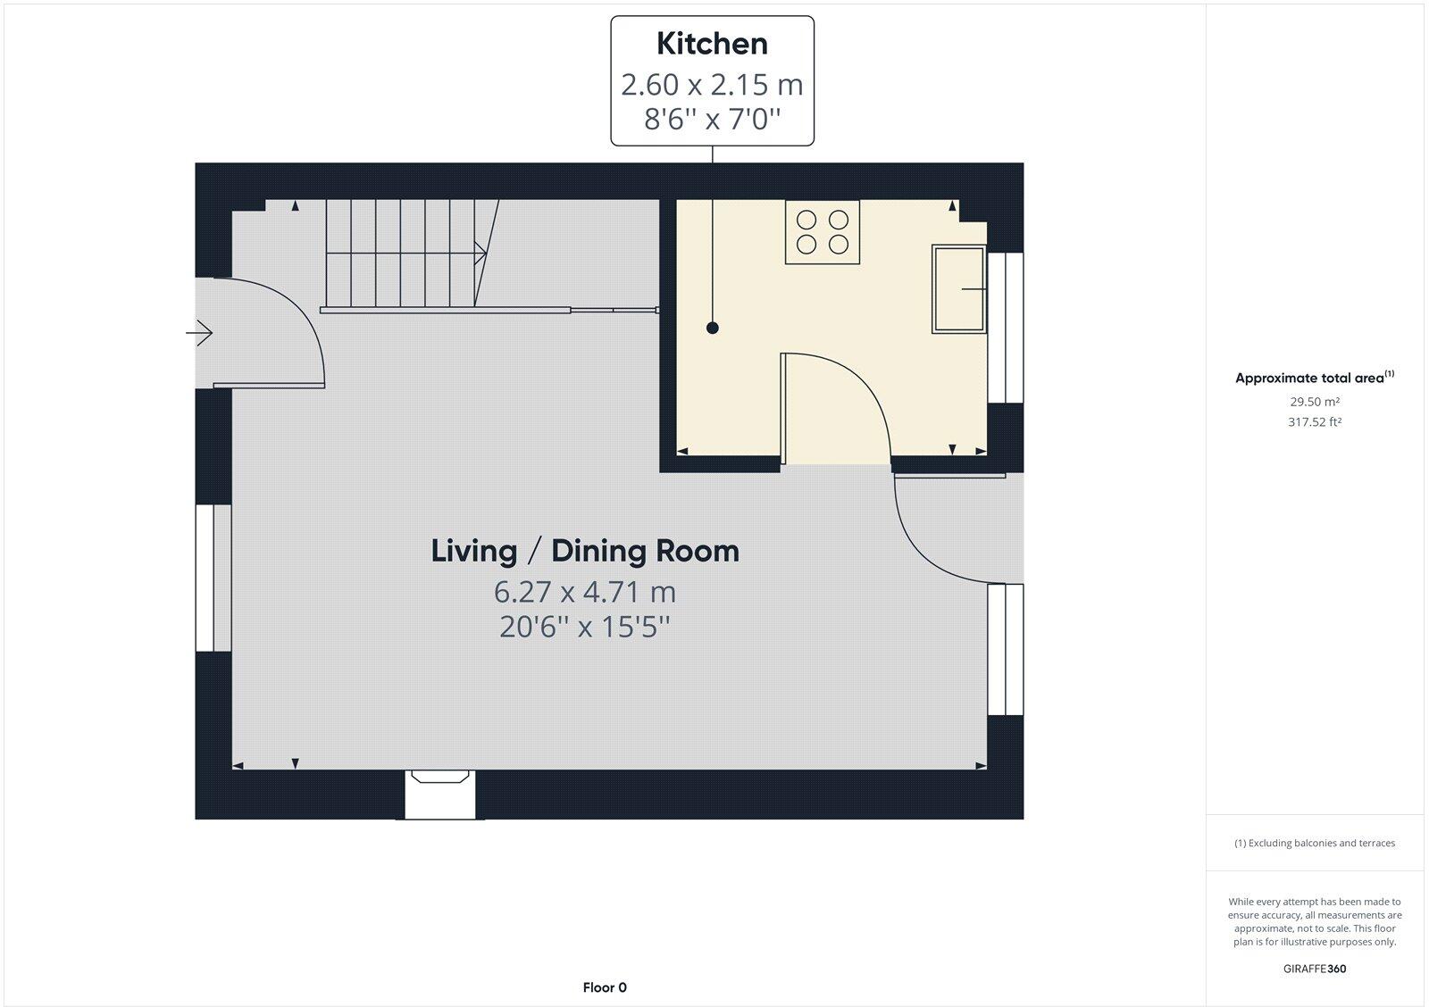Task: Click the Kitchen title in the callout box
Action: pyautogui.click(x=712, y=44)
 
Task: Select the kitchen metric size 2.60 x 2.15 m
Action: pyautogui.click(x=712, y=85)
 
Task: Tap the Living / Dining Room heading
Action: pyautogui.click(x=585, y=551)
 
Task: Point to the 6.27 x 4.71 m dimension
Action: pyautogui.click(x=585, y=592)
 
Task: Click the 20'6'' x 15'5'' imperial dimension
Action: pyautogui.click(x=585, y=628)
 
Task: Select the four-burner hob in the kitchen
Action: pyautogui.click(x=823, y=231)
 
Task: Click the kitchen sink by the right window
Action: pyautogui.click(x=958, y=289)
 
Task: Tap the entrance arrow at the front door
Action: pyautogui.click(x=200, y=334)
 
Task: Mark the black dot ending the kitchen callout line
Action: pyautogui.click(x=712, y=329)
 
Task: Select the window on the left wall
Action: pyautogui.click(x=213, y=578)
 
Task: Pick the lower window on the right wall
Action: pyautogui.click(x=1005, y=649)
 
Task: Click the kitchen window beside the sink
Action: pyautogui.click(x=1005, y=328)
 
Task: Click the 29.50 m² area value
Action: pyautogui.click(x=1314, y=402)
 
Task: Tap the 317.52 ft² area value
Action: pyautogui.click(x=1314, y=422)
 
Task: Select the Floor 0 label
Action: pyautogui.click(x=605, y=987)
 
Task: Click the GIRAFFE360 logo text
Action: pyautogui.click(x=1314, y=969)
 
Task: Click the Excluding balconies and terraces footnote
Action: pyautogui.click(x=1314, y=843)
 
